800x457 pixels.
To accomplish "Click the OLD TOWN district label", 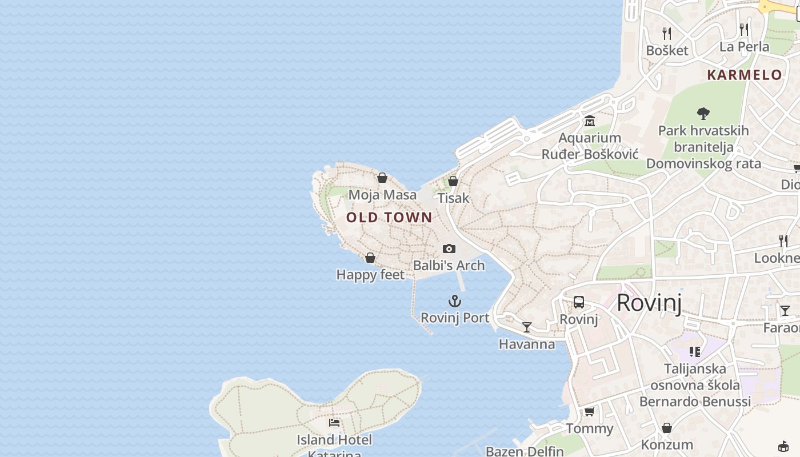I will pyautogui.click(x=389, y=218).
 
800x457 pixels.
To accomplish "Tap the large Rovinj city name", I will pyautogui.click(x=649, y=303).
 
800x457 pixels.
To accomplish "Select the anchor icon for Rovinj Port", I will pyautogui.click(x=455, y=301).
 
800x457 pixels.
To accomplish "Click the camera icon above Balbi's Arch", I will pyautogui.click(x=449, y=248).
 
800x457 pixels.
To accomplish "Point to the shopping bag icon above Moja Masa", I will pyautogui.click(x=382, y=178).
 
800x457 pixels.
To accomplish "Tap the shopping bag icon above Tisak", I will pyautogui.click(x=453, y=181).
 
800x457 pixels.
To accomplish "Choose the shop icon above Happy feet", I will pyautogui.click(x=370, y=258).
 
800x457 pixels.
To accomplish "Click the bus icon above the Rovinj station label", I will pyautogui.click(x=579, y=302).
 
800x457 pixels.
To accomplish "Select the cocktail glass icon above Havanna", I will pyautogui.click(x=527, y=327).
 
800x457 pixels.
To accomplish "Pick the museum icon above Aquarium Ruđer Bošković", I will pyautogui.click(x=590, y=121).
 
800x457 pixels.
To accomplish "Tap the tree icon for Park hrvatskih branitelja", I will pyautogui.click(x=703, y=113).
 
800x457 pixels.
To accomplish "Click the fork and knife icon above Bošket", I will pyautogui.click(x=667, y=33).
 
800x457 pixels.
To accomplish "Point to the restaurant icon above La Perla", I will pyautogui.click(x=744, y=29).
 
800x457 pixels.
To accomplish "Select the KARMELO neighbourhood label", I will pyautogui.click(x=745, y=75).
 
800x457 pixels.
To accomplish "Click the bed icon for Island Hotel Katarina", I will pyautogui.click(x=334, y=423).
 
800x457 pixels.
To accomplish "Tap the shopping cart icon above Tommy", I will pyautogui.click(x=589, y=411).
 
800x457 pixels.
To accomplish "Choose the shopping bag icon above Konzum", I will pyautogui.click(x=667, y=428).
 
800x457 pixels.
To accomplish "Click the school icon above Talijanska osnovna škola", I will pyautogui.click(x=695, y=351).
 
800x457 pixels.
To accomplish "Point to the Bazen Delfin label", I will pyautogui.click(x=525, y=451).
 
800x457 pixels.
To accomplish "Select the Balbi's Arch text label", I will pyautogui.click(x=449, y=266).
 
